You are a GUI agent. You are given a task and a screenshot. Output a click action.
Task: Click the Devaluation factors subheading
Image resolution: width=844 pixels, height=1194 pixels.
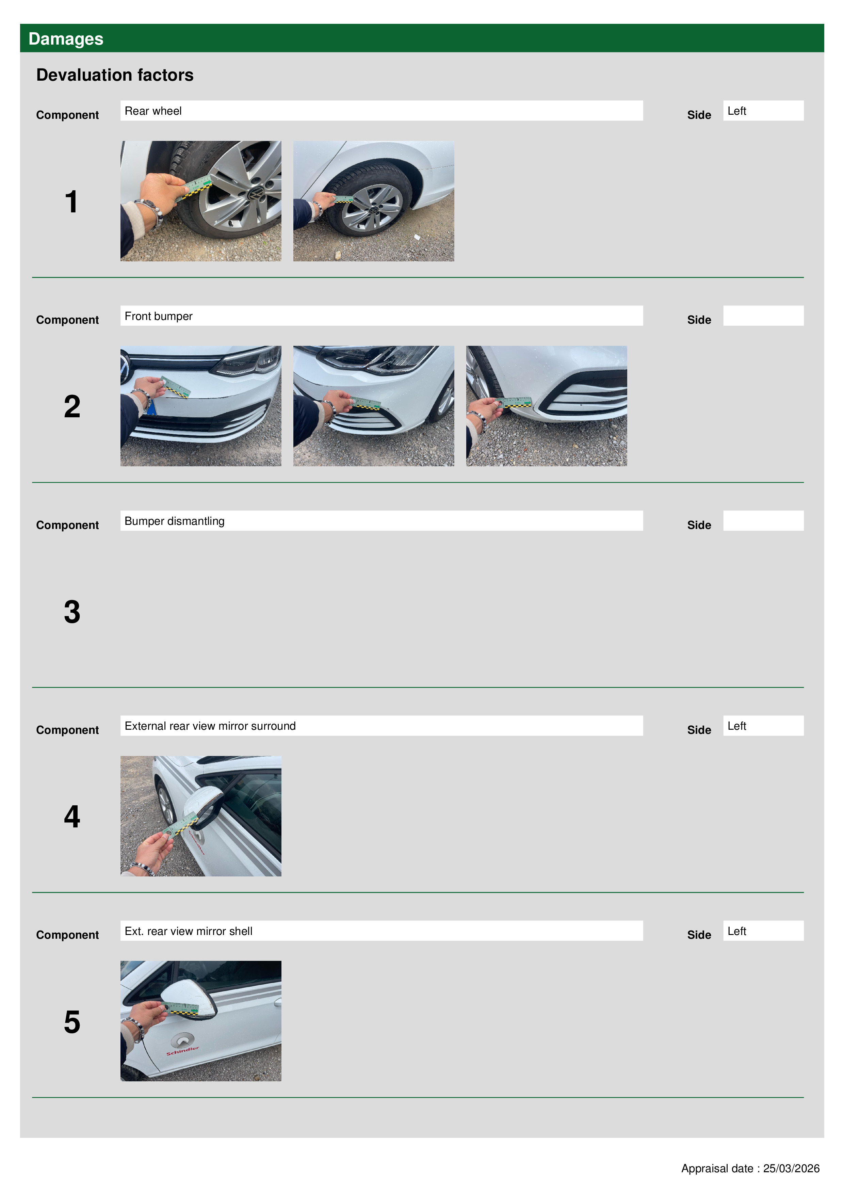click(x=115, y=75)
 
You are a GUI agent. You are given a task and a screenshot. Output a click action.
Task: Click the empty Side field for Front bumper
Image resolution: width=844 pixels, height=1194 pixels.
click(x=763, y=316)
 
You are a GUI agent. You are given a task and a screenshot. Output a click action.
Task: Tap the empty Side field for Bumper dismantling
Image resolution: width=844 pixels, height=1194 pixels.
click(x=763, y=520)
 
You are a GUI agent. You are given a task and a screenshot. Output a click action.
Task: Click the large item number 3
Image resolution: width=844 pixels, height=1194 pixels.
click(x=72, y=612)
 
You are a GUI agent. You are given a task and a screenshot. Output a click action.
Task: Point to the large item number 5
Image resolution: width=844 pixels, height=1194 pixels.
click(x=72, y=1022)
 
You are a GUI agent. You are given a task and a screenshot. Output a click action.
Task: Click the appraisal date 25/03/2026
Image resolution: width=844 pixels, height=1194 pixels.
click(x=791, y=1168)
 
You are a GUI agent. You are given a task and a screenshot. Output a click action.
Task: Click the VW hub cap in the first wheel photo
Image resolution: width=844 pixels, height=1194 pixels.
click(x=255, y=194)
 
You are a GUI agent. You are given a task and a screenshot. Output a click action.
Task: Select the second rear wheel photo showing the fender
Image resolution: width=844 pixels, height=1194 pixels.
click(x=373, y=201)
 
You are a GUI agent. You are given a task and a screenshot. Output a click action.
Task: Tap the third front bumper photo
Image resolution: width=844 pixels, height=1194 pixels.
click(x=547, y=406)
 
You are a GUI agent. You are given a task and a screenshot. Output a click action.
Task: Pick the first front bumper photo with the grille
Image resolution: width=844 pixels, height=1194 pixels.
click(x=201, y=406)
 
